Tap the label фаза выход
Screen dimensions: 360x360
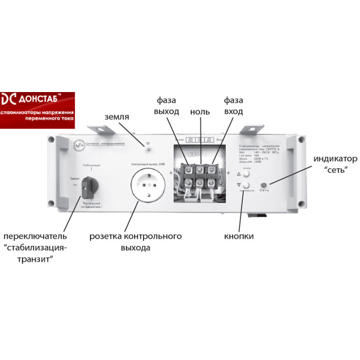(x=167, y=106)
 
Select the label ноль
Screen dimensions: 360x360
(x=200, y=111)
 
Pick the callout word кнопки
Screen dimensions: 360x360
(x=239, y=237)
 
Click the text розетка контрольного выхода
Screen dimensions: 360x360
(x=136, y=242)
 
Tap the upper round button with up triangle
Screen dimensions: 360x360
(x=246, y=174)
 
